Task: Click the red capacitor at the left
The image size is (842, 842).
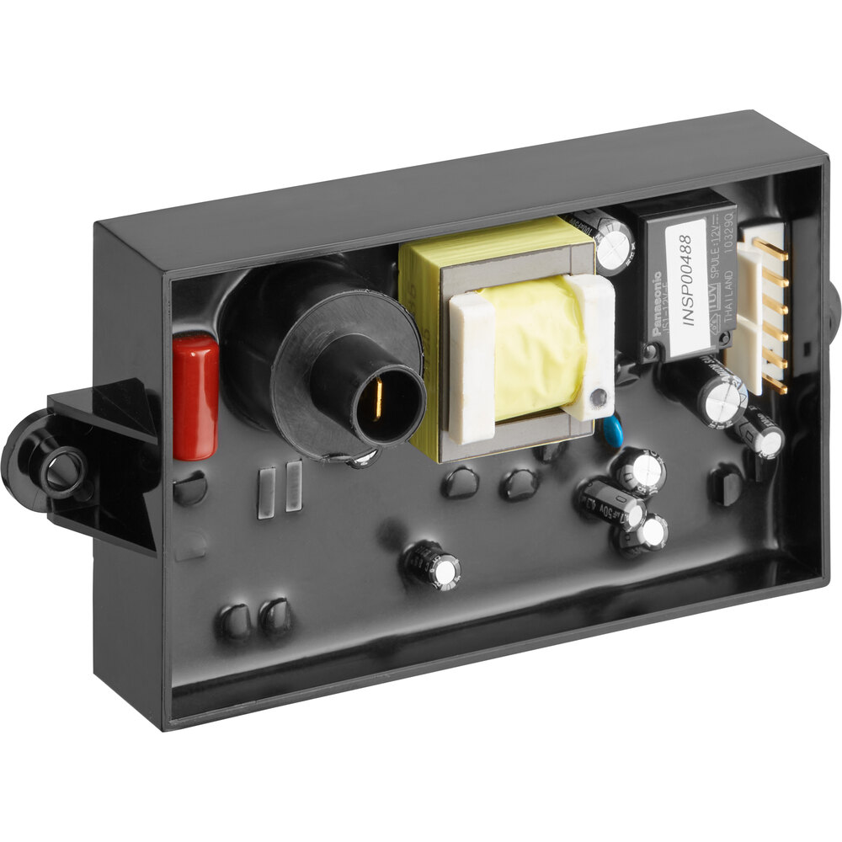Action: click(195, 397)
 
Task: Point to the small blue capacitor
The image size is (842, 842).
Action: click(613, 430)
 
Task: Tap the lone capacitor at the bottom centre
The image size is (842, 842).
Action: click(434, 565)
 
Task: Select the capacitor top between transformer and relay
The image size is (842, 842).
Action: click(614, 246)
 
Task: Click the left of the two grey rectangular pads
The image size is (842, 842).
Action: click(266, 493)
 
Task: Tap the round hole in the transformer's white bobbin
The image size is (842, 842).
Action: click(598, 397)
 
